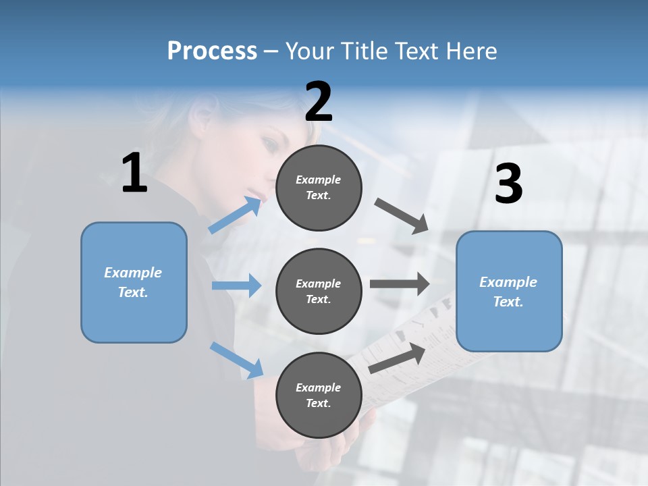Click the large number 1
coord(134,173)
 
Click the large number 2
coord(319,102)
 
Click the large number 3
coord(508,184)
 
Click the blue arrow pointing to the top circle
coord(235,215)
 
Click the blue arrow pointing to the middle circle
coord(236,286)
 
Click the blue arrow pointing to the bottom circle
coord(236,360)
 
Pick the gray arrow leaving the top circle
coord(402,216)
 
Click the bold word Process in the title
coord(212,51)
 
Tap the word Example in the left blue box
coord(133,273)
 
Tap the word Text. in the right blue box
coord(508,302)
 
